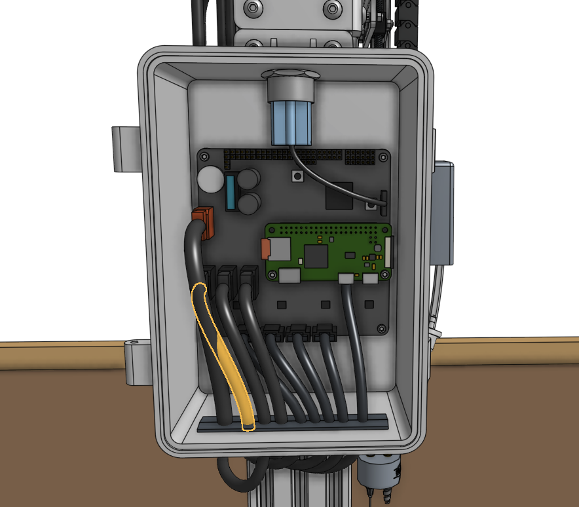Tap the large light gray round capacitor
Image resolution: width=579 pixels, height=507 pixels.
(x=211, y=178)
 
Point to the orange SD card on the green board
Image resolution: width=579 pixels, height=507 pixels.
(x=265, y=248)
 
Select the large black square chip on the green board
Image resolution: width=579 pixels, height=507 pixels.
(x=316, y=257)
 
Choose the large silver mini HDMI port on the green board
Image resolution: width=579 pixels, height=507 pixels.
(x=289, y=276)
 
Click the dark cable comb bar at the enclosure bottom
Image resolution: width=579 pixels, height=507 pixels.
(x=292, y=423)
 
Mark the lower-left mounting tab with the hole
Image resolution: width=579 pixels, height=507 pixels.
(x=137, y=361)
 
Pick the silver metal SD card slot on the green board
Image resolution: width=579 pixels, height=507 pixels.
(x=280, y=248)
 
